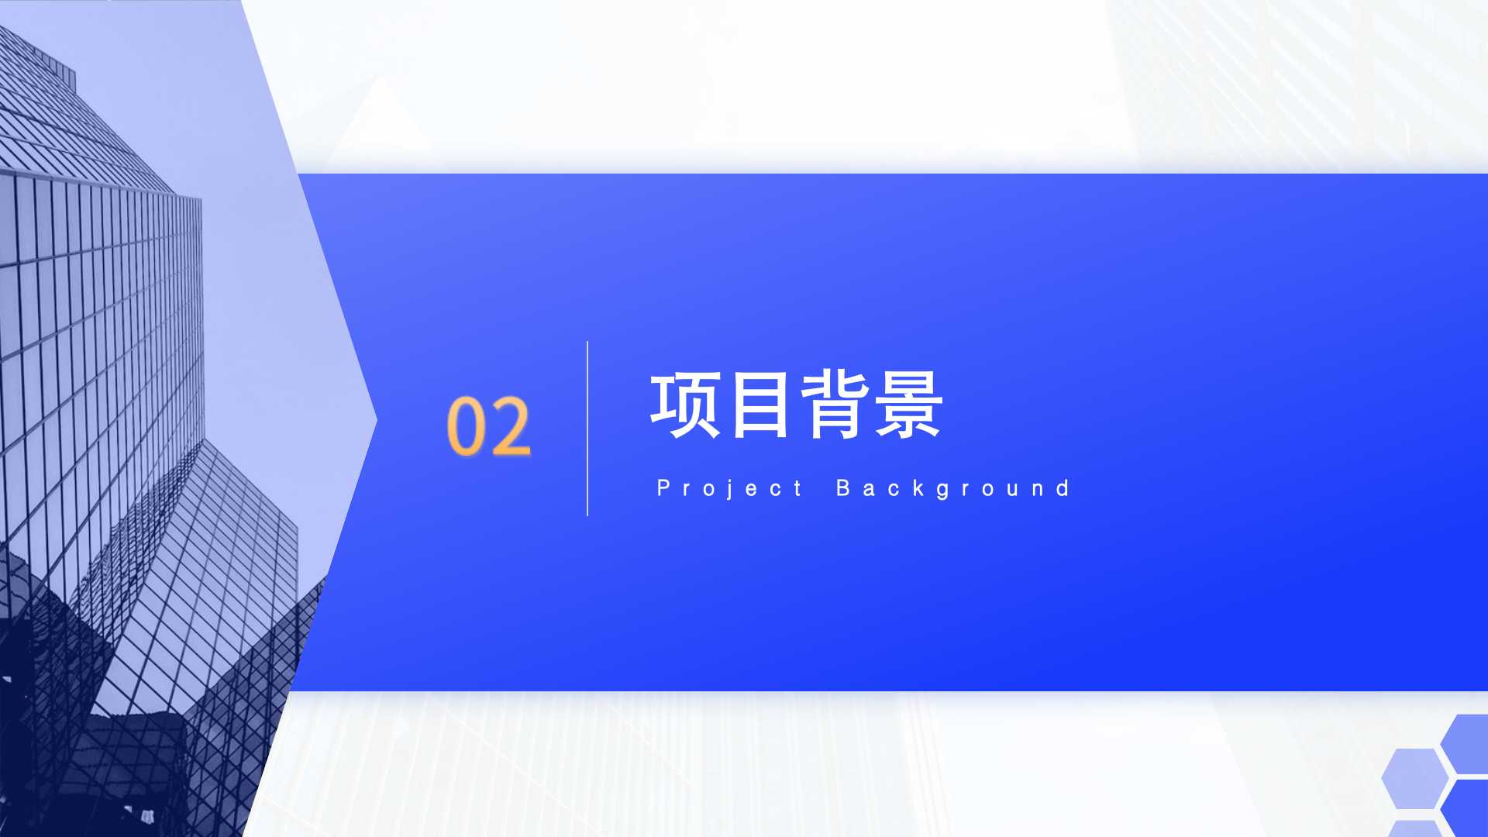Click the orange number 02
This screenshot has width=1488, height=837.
click(489, 425)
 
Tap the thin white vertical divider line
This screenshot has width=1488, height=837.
click(587, 428)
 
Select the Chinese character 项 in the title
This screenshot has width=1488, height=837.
click(685, 405)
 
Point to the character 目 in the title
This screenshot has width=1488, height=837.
click(760, 405)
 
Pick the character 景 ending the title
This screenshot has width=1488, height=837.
click(908, 405)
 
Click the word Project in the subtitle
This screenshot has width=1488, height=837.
click(729, 488)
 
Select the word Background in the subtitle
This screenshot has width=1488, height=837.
click(953, 488)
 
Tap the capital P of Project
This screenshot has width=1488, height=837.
click(663, 487)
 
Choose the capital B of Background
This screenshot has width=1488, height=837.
click(843, 487)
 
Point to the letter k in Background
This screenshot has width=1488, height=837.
click(918, 487)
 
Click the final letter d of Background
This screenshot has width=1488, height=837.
click(1063, 487)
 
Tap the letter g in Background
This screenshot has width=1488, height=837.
click(943, 491)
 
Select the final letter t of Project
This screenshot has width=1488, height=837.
click(797, 487)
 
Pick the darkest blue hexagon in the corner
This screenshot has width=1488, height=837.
click(1466, 808)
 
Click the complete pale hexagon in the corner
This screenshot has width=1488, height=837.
click(1415, 778)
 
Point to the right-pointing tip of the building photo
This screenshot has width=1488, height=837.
click(377, 421)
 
